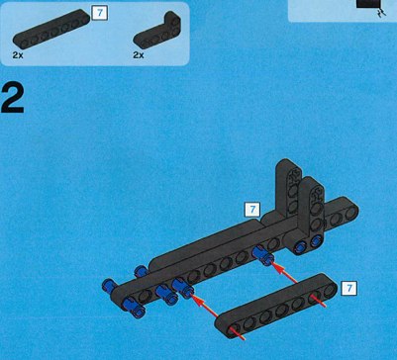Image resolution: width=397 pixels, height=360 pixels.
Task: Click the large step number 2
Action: pyautogui.click(x=13, y=98)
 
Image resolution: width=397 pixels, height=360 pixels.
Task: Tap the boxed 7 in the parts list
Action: pyautogui.click(x=99, y=13)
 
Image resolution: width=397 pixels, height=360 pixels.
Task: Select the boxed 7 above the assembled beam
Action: pyautogui.click(x=252, y=210)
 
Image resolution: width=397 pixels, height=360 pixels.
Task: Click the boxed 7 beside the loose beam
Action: pyautogui.click(x=348, y=288)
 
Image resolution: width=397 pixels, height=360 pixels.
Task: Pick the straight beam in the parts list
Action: pyautogui.click(x=51, y=29)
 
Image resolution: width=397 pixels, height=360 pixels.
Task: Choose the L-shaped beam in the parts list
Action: pyautogui.click(x=157, y=31)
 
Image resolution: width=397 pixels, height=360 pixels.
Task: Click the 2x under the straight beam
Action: pyautogui.click(x=18, y=55)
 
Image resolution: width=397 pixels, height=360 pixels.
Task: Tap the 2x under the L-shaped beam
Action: pyautogui.click(x=139, y=55)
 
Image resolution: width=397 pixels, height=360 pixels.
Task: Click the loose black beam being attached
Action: pyautogui.click(x=276, y=306)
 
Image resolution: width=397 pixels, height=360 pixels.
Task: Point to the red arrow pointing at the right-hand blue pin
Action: pyautogui.click(x=285, y=272)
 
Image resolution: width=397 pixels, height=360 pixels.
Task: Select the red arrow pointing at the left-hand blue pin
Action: pyautogui.click(x=205, y=306)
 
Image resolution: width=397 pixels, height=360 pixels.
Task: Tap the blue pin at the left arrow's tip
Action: pyautogui.click(x=182, y=288)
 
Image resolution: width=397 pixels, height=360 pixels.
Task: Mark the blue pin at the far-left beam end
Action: pyautogui.click(x=110, y=286)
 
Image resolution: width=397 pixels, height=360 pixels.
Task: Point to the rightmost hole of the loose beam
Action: pyautogui.click(x=330, y=291)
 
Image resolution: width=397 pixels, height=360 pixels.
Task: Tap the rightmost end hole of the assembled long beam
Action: pyautogui.click(x=351, y=213)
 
